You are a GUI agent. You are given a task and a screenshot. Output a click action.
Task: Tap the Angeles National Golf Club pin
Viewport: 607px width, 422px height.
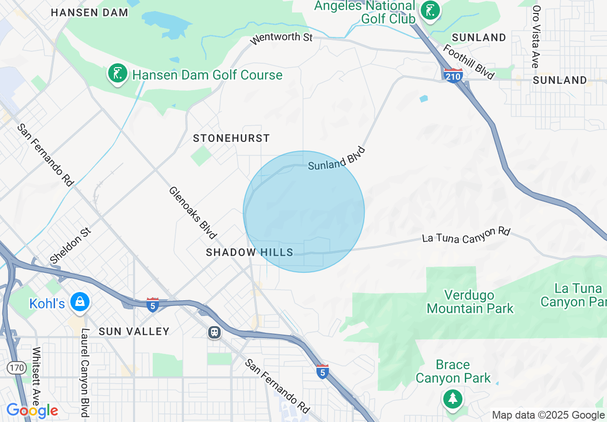(x=429, y=11)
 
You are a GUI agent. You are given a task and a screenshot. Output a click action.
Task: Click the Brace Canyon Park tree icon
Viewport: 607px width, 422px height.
(x=452, y=399)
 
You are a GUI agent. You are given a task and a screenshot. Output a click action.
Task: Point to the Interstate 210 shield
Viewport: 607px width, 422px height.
(x=453, y=75)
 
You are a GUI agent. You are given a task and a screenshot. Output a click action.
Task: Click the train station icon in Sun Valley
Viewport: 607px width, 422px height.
(x=214, y=332)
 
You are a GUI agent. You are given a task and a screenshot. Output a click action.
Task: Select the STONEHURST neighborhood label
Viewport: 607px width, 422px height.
(x=232, y=138)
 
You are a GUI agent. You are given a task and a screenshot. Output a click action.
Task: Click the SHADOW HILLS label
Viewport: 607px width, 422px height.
(x=249, y=252)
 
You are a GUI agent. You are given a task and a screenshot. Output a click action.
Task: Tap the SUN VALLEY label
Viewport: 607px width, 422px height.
(x=134, y=331)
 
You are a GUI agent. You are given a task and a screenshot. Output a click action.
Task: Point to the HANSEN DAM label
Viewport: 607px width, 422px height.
(x=90, y=12)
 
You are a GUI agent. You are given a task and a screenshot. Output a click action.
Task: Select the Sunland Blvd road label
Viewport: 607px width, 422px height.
(x=337, y=159)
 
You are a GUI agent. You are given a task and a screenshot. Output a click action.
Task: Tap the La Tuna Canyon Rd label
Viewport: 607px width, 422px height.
(x=466, y=235)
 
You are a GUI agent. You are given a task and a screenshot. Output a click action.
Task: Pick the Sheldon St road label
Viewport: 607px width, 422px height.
(x=70, y=246)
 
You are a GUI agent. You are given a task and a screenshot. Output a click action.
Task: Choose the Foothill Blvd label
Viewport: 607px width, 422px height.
(x=469, y=62)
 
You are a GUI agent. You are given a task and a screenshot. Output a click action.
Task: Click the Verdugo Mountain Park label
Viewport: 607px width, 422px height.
(x=470, y=301)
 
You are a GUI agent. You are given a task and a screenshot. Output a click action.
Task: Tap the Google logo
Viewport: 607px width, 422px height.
(x=32, y=410)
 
